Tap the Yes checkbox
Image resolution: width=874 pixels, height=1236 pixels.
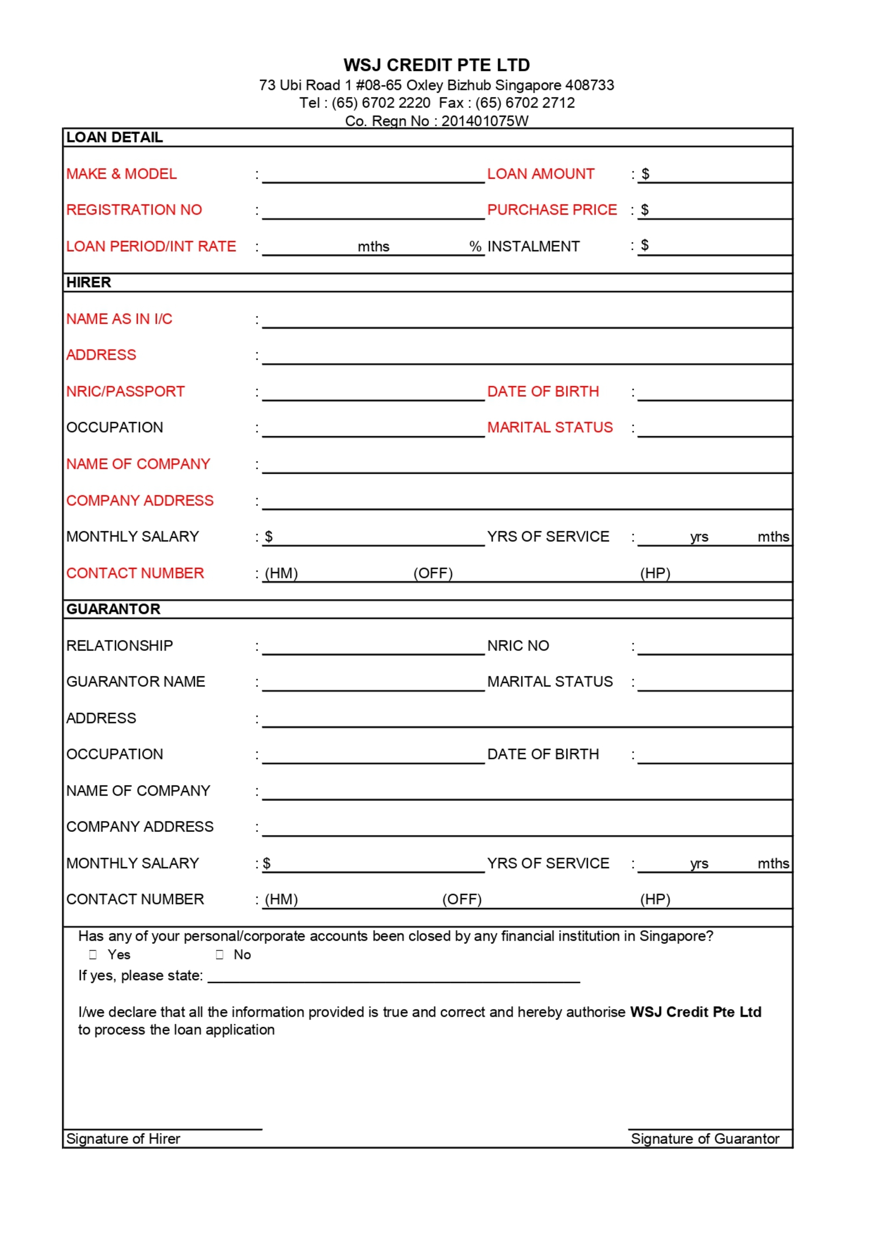coord(93,955)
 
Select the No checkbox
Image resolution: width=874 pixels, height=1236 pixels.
coord(220,955)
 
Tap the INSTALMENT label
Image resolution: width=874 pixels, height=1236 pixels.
coord(533,246)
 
